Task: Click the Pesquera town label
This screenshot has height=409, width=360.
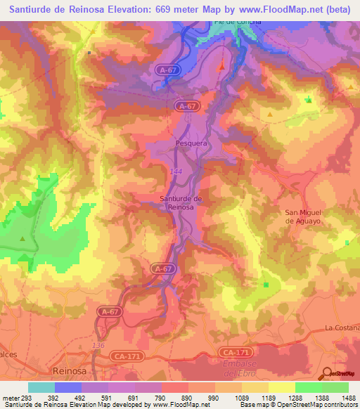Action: [190, 143]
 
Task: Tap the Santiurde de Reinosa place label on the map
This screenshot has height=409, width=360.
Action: [181, 203]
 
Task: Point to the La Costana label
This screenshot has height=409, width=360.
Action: [342, 328]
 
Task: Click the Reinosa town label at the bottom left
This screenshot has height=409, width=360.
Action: [70, 370]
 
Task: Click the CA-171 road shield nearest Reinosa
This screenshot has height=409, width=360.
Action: [124, 356]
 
